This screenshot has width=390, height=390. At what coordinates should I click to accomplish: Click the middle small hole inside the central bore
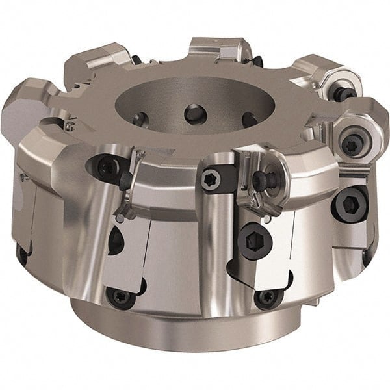point(194,114)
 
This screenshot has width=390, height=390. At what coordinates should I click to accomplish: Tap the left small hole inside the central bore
point(138,119)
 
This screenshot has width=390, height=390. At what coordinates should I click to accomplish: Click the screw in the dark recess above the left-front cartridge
point(107,168)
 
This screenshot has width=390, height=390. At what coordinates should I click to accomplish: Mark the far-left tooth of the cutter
point(23,114)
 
